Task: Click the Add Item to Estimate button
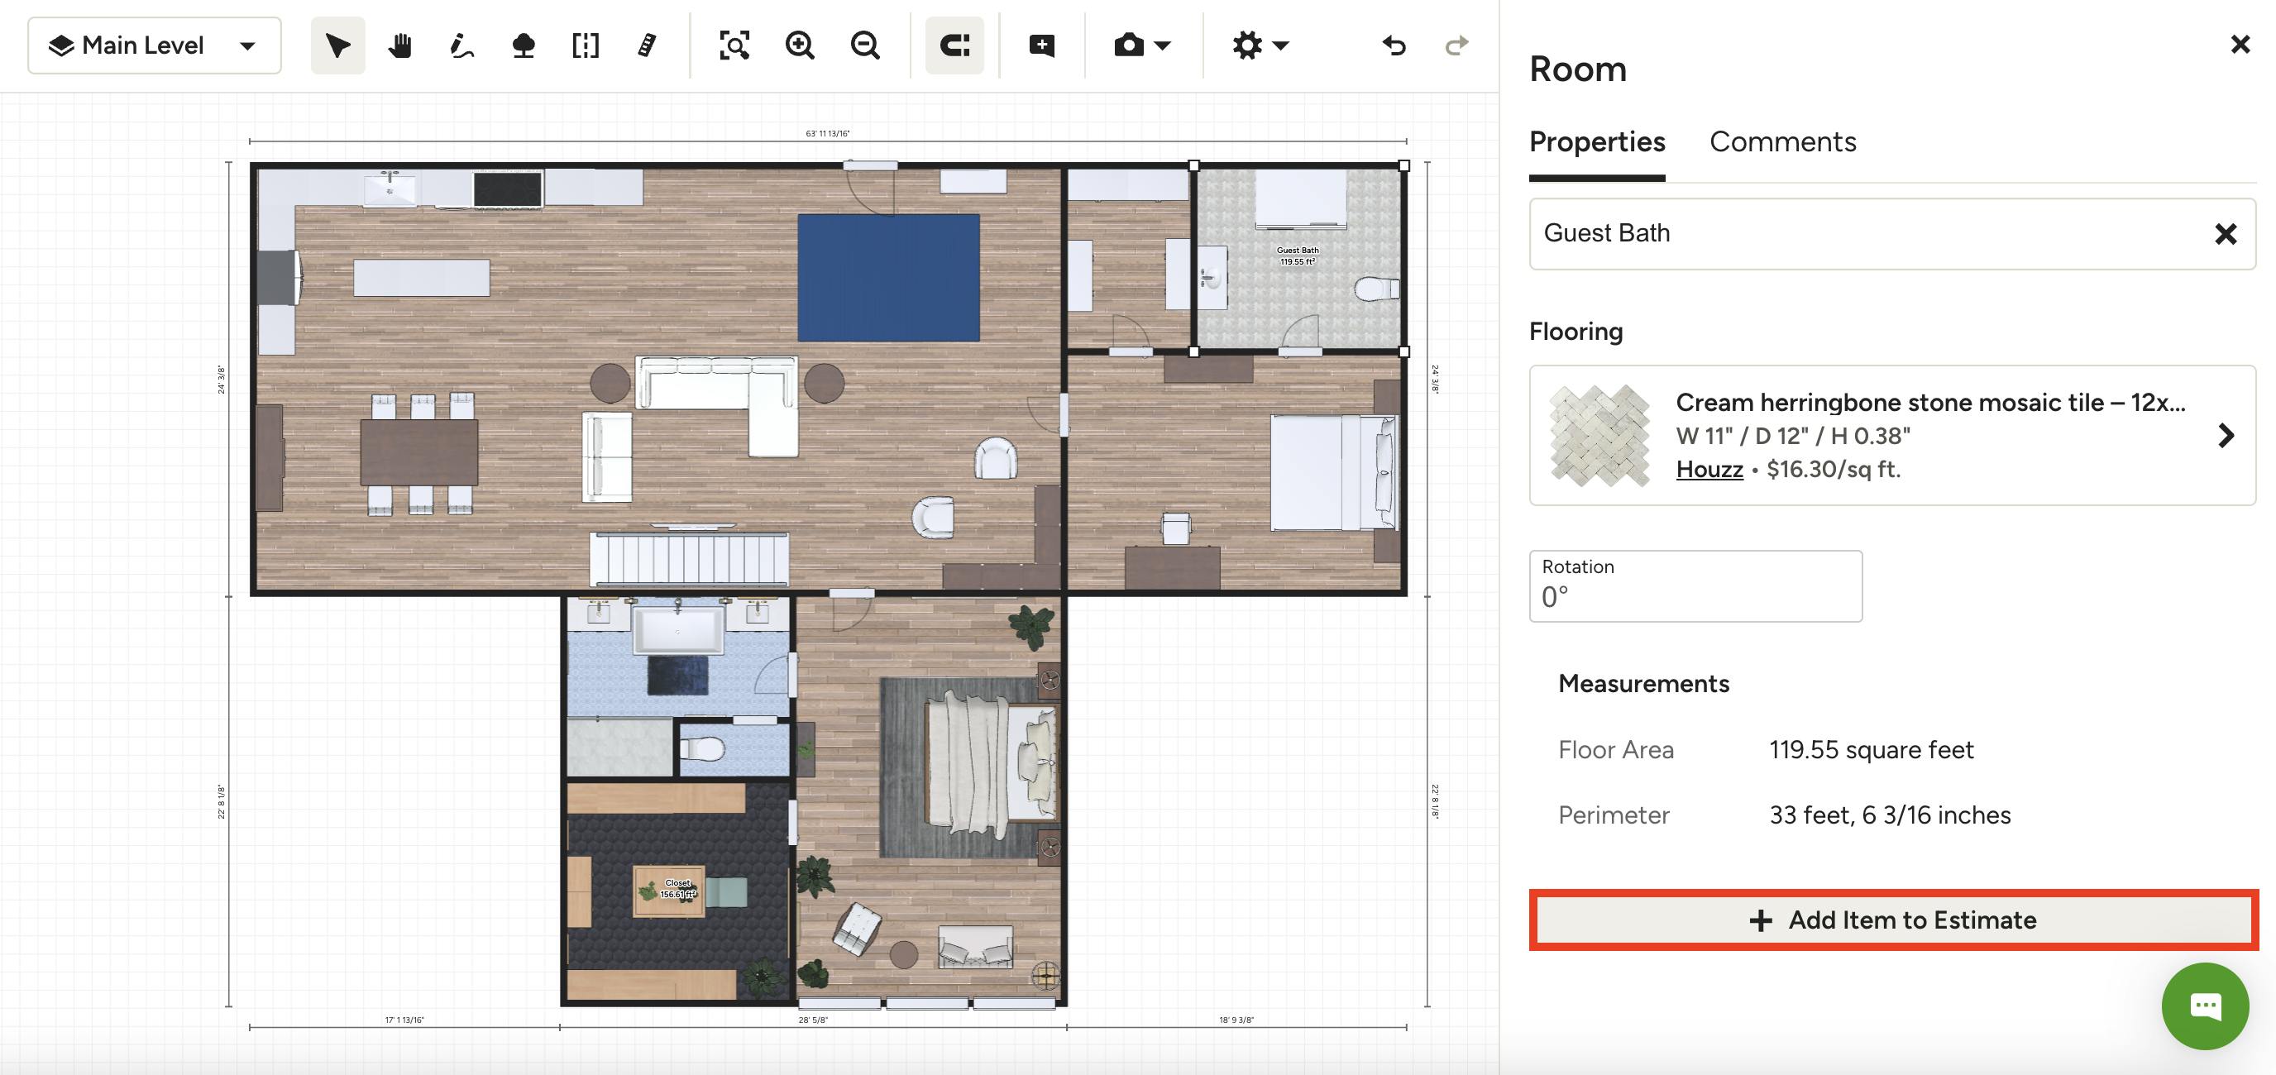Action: pyautogui.click(x=1892, y=920)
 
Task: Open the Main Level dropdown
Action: pyautogui.click(x=154, y=45)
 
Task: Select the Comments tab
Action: pyautogui.click(x=1782, y=142)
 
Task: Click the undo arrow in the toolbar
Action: pyautogui.click(x=1394, y=45)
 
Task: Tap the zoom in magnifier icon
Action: pyautogui.click(x=800, y=45)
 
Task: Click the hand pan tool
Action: pyautogui.click(x=399, y=45)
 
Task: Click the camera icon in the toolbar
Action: pyautogui.click(x=1128, y=45)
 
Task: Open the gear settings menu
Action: pyautogui.click(x=1246, y=45)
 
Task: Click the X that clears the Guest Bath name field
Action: pyautogui.click(x=2225, y=233)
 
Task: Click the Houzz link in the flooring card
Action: pyautogui.click(x=1709, y=469)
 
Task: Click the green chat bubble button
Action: pyautogui.click(x=2204, y=1006)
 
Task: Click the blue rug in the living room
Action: pyautogui.click(x=888, y=277)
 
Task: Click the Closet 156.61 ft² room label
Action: pyautogui.click(x=677, y=889)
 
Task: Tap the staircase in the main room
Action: pyautogui.click(x=689, y=557)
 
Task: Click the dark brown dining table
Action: pyautogui.click(x=418, y=452)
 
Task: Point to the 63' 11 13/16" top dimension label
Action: pyautogui.click(x=827, y=134)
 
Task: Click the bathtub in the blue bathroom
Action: pyautogui.click(x=678, y=629)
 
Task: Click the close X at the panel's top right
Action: pyautogui.click(x=2239, y=44)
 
